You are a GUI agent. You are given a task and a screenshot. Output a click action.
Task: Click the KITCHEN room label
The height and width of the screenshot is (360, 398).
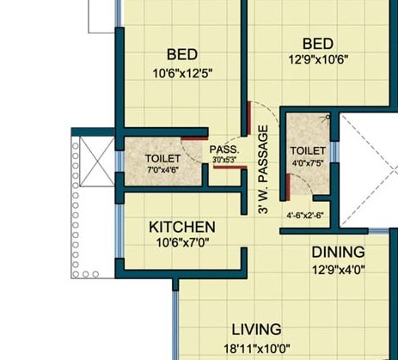pyautogui.click(x=182, y=227)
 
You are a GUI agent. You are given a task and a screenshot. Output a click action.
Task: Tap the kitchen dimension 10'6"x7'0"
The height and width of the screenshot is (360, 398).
pyautogui.click(x=182, y=242)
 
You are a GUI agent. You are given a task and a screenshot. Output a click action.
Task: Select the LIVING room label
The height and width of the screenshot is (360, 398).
pyautogui.click(x=256, y=329)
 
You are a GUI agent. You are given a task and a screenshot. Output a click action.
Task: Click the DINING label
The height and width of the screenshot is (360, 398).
pyautogui.click(x=338, y=253)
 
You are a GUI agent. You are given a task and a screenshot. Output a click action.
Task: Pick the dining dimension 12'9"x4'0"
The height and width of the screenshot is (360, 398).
pyautogui.click(x=338, y=268)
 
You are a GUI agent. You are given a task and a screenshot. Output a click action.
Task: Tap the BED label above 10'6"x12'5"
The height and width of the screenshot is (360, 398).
pyautogui.click(x=182, y=54)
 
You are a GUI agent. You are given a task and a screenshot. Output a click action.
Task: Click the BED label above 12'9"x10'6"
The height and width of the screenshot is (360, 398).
pyautogui.click(x=318, y=44)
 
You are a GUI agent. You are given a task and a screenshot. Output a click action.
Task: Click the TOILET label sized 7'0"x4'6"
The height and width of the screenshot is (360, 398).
pyautogui.click(x=162, y=159)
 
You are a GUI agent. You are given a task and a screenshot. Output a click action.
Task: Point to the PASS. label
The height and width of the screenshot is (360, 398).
pyautogui.click(x=223, y=149)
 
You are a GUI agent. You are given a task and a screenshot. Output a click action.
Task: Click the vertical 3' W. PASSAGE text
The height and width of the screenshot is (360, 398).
pyautogui.click(x=263, y=170)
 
